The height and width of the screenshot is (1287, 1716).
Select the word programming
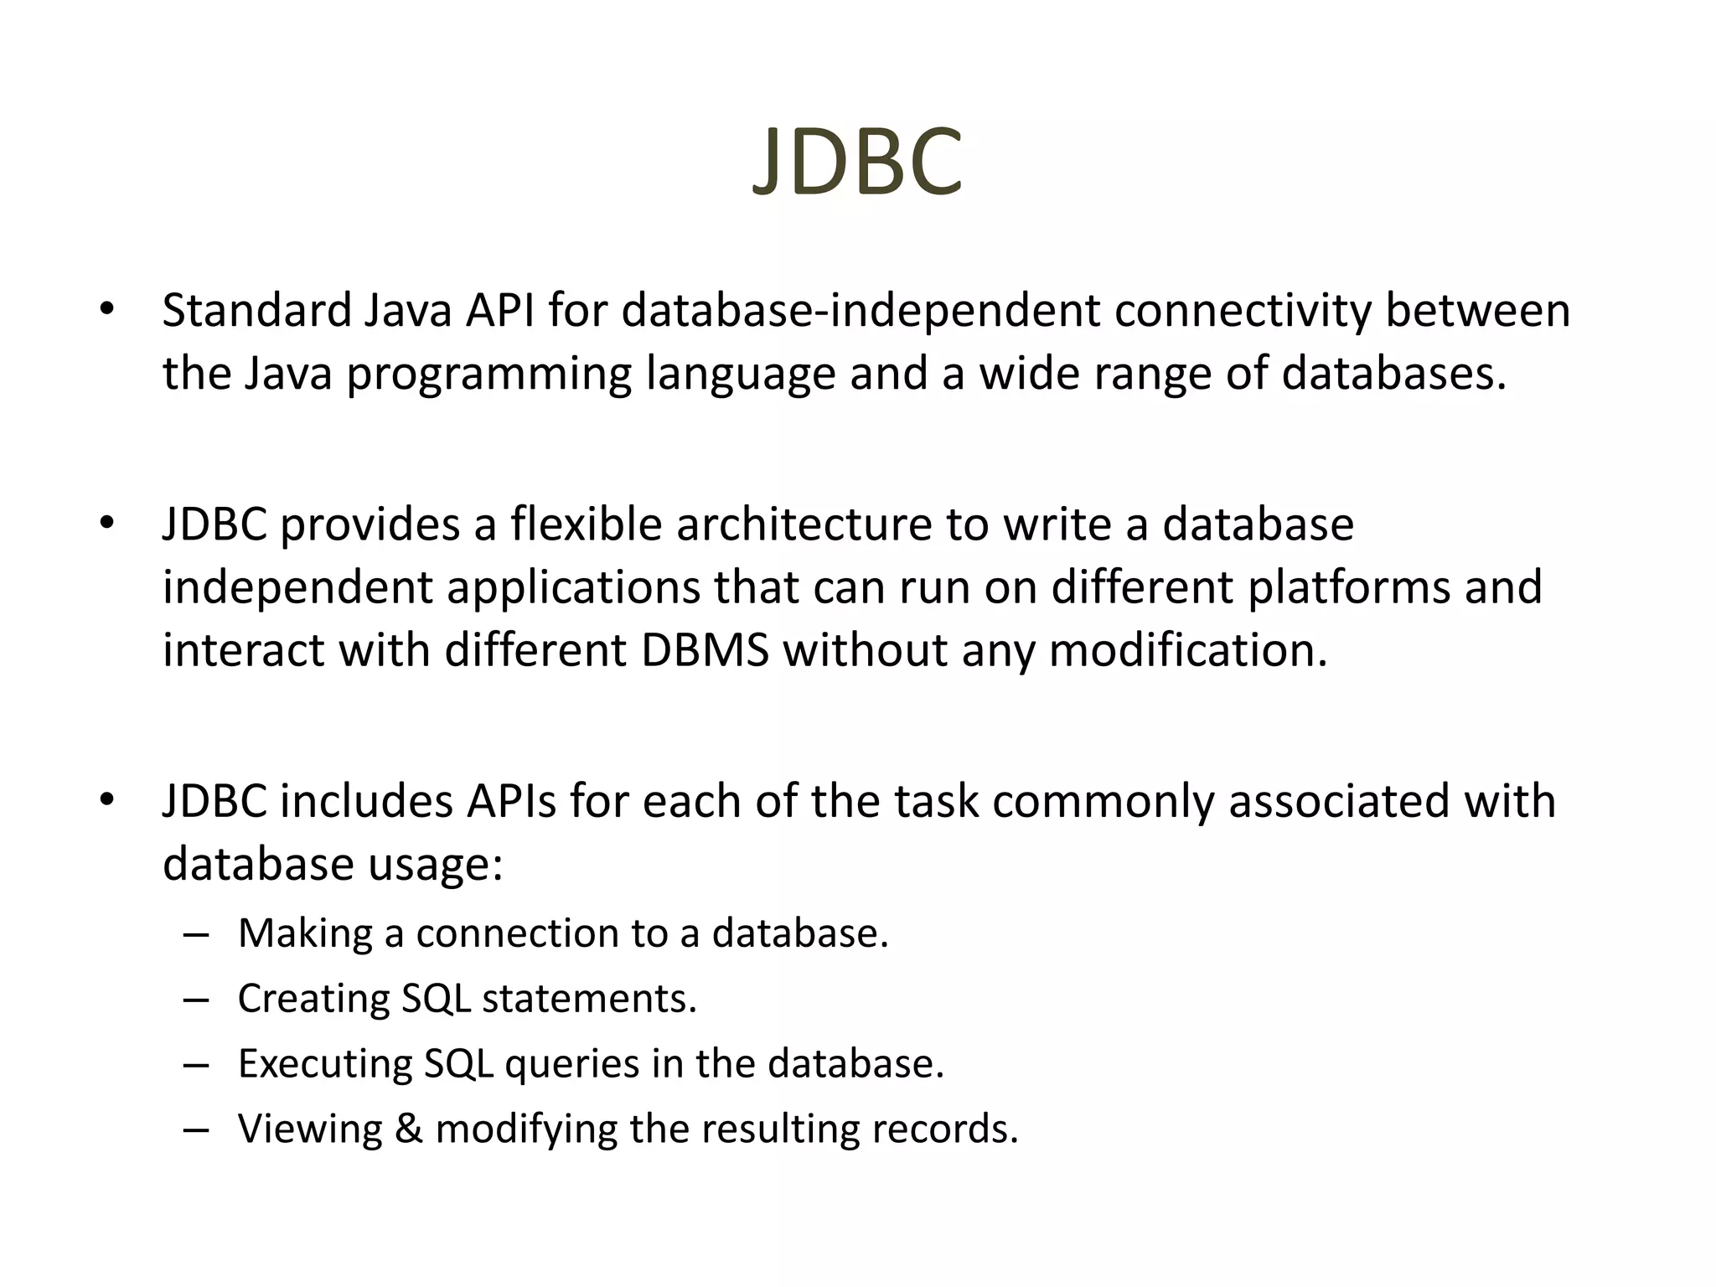pyautogui.click(x=489, y=375)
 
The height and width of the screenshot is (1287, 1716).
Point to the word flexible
pyautogui.click(x=587, y=525)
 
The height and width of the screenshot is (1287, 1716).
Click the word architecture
pyautogui.click(x=804, y=525)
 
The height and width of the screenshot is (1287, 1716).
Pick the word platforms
pyautogui.click(x=1349, y=587)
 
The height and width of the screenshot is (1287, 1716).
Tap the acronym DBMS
pyautogui.click(x=706, y=650)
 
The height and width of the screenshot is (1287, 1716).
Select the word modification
pyautogui.click(x=1188, y=650)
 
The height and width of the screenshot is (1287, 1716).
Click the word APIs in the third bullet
pyautogui.click(x=512, y=801)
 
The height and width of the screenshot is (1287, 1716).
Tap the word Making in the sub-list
pyautogui.click(x=305, y=933)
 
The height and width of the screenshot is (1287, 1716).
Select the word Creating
pyautogui.click(x=313, y=999)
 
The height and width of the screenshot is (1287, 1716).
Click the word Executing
pyautogui.click(x=324, y=1064)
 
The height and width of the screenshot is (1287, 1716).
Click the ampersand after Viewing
pyautogui.click(x=408, y=1129)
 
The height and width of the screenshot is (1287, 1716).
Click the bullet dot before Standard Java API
pyautogui.click(x=106, y=310)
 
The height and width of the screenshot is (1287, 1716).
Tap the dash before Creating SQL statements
pyautogui.click(x=195, y=1000)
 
